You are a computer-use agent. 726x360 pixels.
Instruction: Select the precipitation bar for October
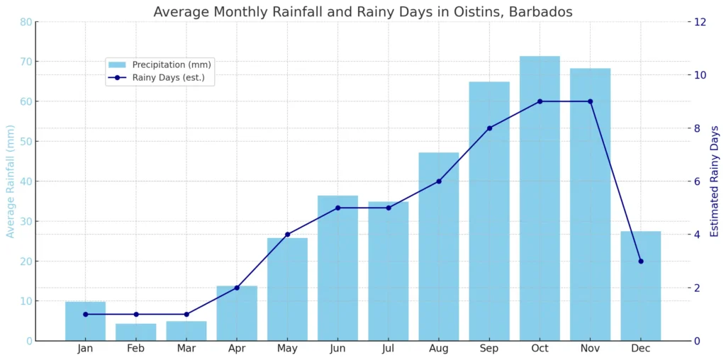click(x=540, y=198)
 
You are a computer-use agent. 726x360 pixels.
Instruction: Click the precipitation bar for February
click(x=135, y=332)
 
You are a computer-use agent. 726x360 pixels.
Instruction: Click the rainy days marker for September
click(x=489, y=128)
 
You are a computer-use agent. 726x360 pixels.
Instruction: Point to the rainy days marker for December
click(x=640, y=261)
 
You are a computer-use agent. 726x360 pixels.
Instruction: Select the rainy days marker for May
click(x=287, y=235)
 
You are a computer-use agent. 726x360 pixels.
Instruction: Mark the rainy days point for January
click(x=85, y=314)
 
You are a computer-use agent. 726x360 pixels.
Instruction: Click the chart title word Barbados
click(x=540, y=12)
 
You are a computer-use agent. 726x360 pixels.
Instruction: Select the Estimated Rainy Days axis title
click(x=714, y=181)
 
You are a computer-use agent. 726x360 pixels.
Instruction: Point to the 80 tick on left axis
click(x=26, y=22)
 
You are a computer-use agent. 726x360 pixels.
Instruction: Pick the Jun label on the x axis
click(x=337, y=349)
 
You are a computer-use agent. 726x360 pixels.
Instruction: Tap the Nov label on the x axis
click(x=590, y=349)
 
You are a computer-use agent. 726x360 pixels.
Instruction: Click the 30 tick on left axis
click(x=26, y=221)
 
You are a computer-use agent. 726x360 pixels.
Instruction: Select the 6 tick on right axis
click(x=697, y=181)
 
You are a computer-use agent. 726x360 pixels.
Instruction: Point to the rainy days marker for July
click(x=388, y=208)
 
